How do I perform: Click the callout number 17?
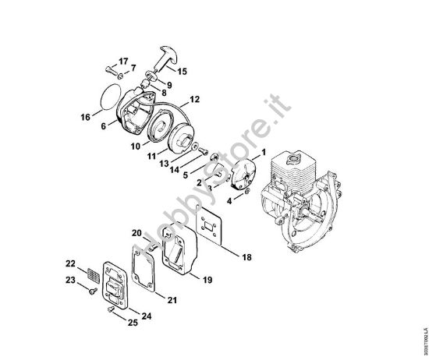[x=122, y=62]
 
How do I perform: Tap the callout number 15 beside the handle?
[x=183, y=71]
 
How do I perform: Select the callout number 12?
[x=195, y=99]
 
